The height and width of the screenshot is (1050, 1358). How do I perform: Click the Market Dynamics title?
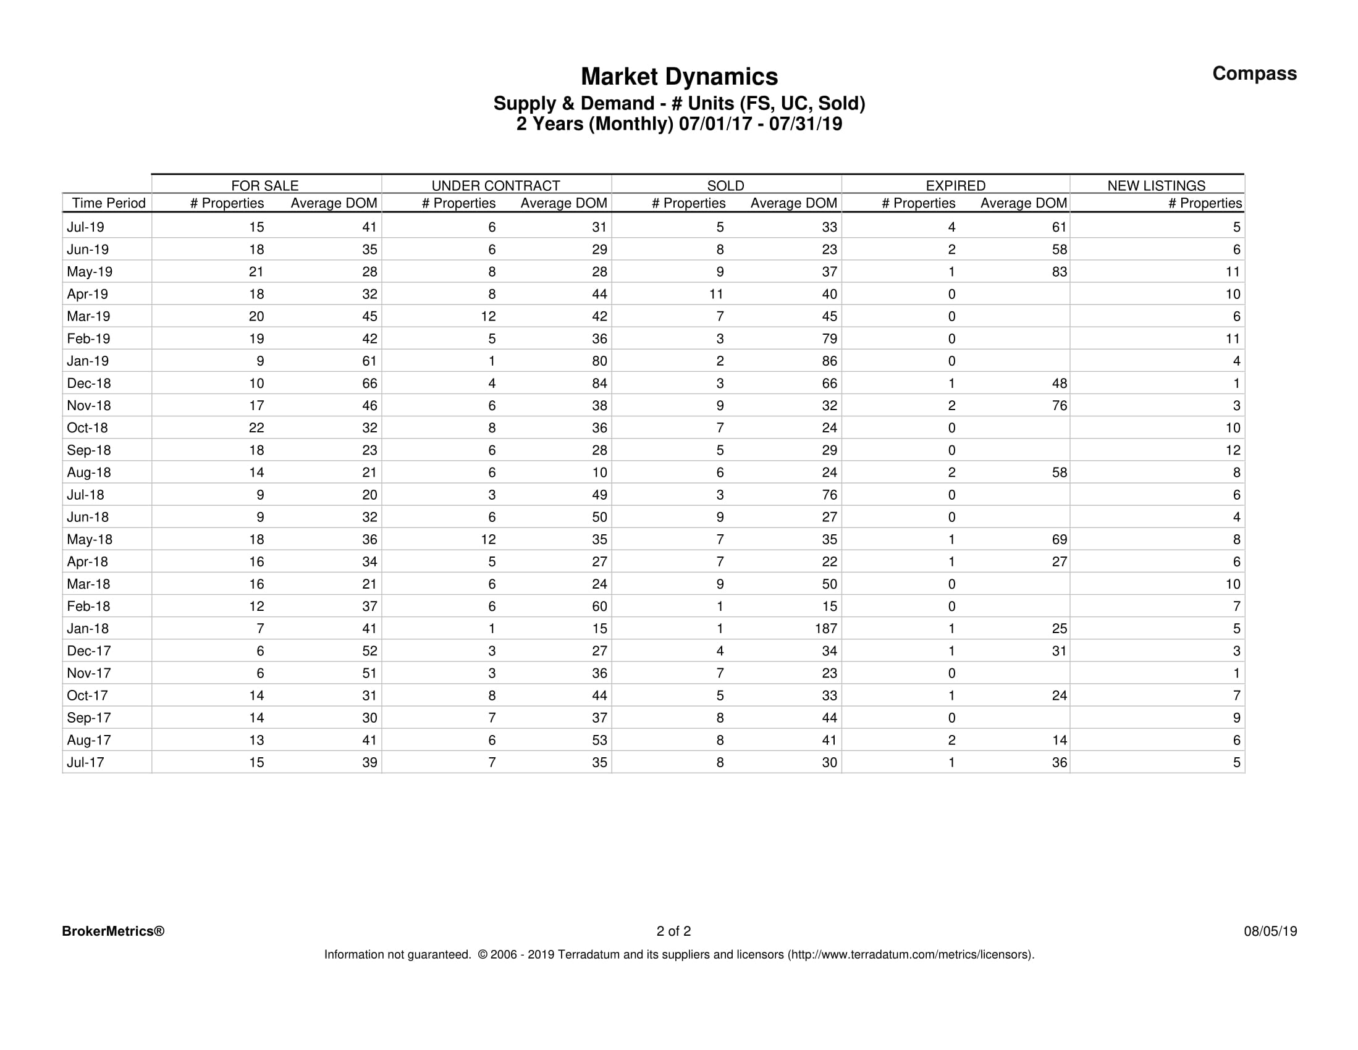(x=679, y=77)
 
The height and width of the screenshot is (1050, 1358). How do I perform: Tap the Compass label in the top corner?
(x=1254, y=73)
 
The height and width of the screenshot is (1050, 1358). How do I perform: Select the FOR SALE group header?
(x=265, y=185)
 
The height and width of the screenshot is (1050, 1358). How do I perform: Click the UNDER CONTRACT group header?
(x=496, y=185)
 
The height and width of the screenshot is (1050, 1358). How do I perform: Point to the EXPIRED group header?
(x=955, y=185)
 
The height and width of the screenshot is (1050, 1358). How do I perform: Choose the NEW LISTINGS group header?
(x=1156, y=185)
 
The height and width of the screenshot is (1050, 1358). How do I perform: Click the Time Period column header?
(x=109, y=203)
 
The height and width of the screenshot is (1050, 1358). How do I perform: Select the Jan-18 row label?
(x=88, y=629)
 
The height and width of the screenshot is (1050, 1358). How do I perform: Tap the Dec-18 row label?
(x=89, y=384)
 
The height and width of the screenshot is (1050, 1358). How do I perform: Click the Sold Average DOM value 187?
(x=826, y=629)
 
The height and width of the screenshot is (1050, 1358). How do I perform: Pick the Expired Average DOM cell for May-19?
(x=1059, y=272)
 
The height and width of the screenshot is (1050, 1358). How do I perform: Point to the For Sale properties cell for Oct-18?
(x=256, y=427)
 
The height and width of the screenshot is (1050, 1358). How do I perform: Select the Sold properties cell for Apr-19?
(x=715, y=294)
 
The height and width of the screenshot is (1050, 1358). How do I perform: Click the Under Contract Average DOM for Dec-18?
(x=599, y=384)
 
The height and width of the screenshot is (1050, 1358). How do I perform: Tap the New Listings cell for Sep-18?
(x=1233, y=450)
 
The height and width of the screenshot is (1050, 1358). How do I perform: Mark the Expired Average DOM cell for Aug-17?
(x=1059, y=740)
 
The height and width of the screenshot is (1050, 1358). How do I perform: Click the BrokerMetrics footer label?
(x=113, y=931)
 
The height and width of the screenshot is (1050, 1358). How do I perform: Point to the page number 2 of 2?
(x=673, y=931)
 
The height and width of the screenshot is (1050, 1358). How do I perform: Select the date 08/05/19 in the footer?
(x=1270, y=931)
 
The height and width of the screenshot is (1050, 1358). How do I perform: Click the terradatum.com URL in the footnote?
(x=911, y=954)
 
